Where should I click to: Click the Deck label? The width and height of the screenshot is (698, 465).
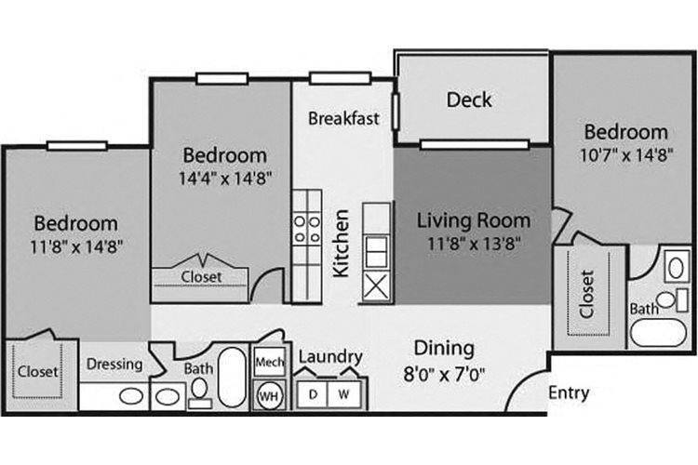469,100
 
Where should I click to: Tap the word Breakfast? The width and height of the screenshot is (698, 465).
343,118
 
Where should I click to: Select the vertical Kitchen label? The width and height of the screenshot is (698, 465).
341,243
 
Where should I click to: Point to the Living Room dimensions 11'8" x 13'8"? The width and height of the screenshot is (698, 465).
474,245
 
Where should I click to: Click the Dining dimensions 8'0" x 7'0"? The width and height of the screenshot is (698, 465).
444,377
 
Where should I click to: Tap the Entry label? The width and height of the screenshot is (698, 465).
568,392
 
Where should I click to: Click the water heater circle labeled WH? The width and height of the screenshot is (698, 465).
268,394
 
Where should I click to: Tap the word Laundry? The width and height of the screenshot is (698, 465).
329,357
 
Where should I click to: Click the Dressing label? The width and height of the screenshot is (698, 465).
115,365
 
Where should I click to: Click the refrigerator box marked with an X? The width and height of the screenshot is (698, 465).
377,286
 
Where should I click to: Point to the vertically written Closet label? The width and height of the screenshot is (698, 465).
587,294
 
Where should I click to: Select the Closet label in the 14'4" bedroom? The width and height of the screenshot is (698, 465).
201,276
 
